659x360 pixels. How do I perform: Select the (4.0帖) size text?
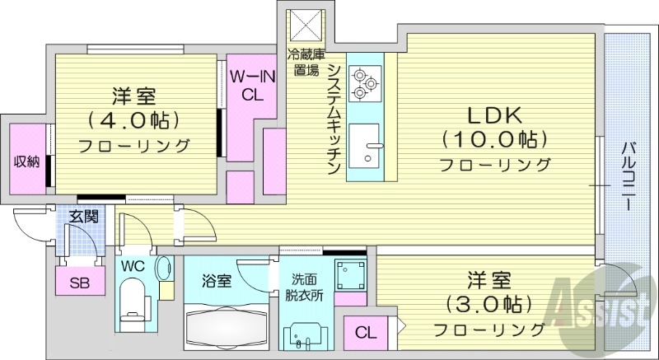(133, 120)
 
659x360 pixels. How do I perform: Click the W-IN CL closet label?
(247, 85)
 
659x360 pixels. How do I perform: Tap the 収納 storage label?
(26, 161)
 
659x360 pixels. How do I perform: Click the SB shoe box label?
(79, 283)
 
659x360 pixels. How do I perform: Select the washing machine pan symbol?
(350, 272)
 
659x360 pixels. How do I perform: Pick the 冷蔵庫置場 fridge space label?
(303, 63)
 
